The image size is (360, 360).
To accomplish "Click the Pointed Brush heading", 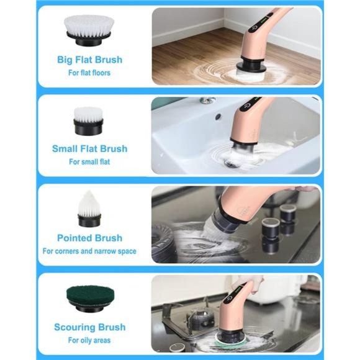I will point(89,238).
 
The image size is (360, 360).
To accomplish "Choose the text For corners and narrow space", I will point(89,251).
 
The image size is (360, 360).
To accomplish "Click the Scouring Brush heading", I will point(89,327).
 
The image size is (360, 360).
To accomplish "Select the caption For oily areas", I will point(89,340).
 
